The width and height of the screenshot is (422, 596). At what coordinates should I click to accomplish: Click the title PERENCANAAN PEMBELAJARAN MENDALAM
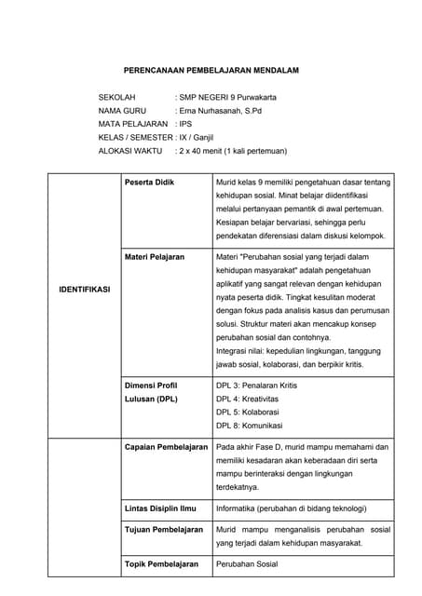pos(211,70)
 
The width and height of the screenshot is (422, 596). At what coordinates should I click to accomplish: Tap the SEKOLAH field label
pos(117,97)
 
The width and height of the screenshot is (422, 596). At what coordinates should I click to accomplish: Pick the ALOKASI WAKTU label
pos(130,150)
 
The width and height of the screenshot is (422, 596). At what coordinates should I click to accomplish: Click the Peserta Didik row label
pos(149,183)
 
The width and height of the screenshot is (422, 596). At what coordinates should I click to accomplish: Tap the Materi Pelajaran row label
pos(154,256)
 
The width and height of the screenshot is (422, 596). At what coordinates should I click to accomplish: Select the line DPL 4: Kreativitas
pos(244,399)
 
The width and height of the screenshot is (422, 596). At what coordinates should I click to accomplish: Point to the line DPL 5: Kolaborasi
pos(246,412)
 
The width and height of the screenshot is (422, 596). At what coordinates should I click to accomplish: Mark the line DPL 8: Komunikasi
pos(249,426)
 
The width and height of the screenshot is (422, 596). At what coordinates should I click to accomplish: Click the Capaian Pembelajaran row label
pos(166,447)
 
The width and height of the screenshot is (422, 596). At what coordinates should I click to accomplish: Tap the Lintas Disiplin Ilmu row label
pos(159,509)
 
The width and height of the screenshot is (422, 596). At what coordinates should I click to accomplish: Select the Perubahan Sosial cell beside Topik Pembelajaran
pos(247,564)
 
